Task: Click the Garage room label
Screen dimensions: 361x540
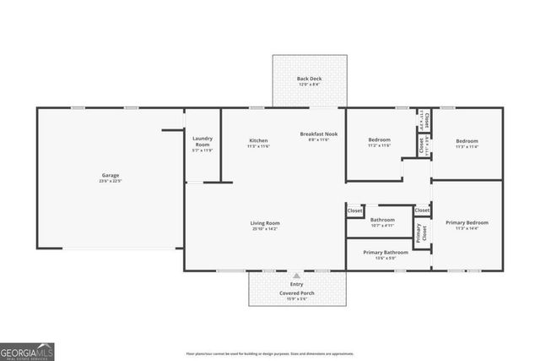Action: point(111,175)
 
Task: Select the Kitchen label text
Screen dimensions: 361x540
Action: point(258,140)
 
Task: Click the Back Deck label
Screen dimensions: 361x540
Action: point(310,79)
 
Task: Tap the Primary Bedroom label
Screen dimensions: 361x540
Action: point(467,222)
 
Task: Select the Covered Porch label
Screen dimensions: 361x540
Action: point(296,293)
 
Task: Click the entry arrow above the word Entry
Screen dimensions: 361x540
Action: point(296,276)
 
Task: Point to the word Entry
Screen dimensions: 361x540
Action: point(296,284)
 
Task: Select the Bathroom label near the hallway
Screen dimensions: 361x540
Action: point(382,219)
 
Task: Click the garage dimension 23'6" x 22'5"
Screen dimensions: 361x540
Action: point(111,181)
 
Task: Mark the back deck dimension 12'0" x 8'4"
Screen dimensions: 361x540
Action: point(310,85)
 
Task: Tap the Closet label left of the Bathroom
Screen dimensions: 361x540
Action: point(355,211)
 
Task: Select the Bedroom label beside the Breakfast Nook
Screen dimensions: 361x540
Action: point(380,140)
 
